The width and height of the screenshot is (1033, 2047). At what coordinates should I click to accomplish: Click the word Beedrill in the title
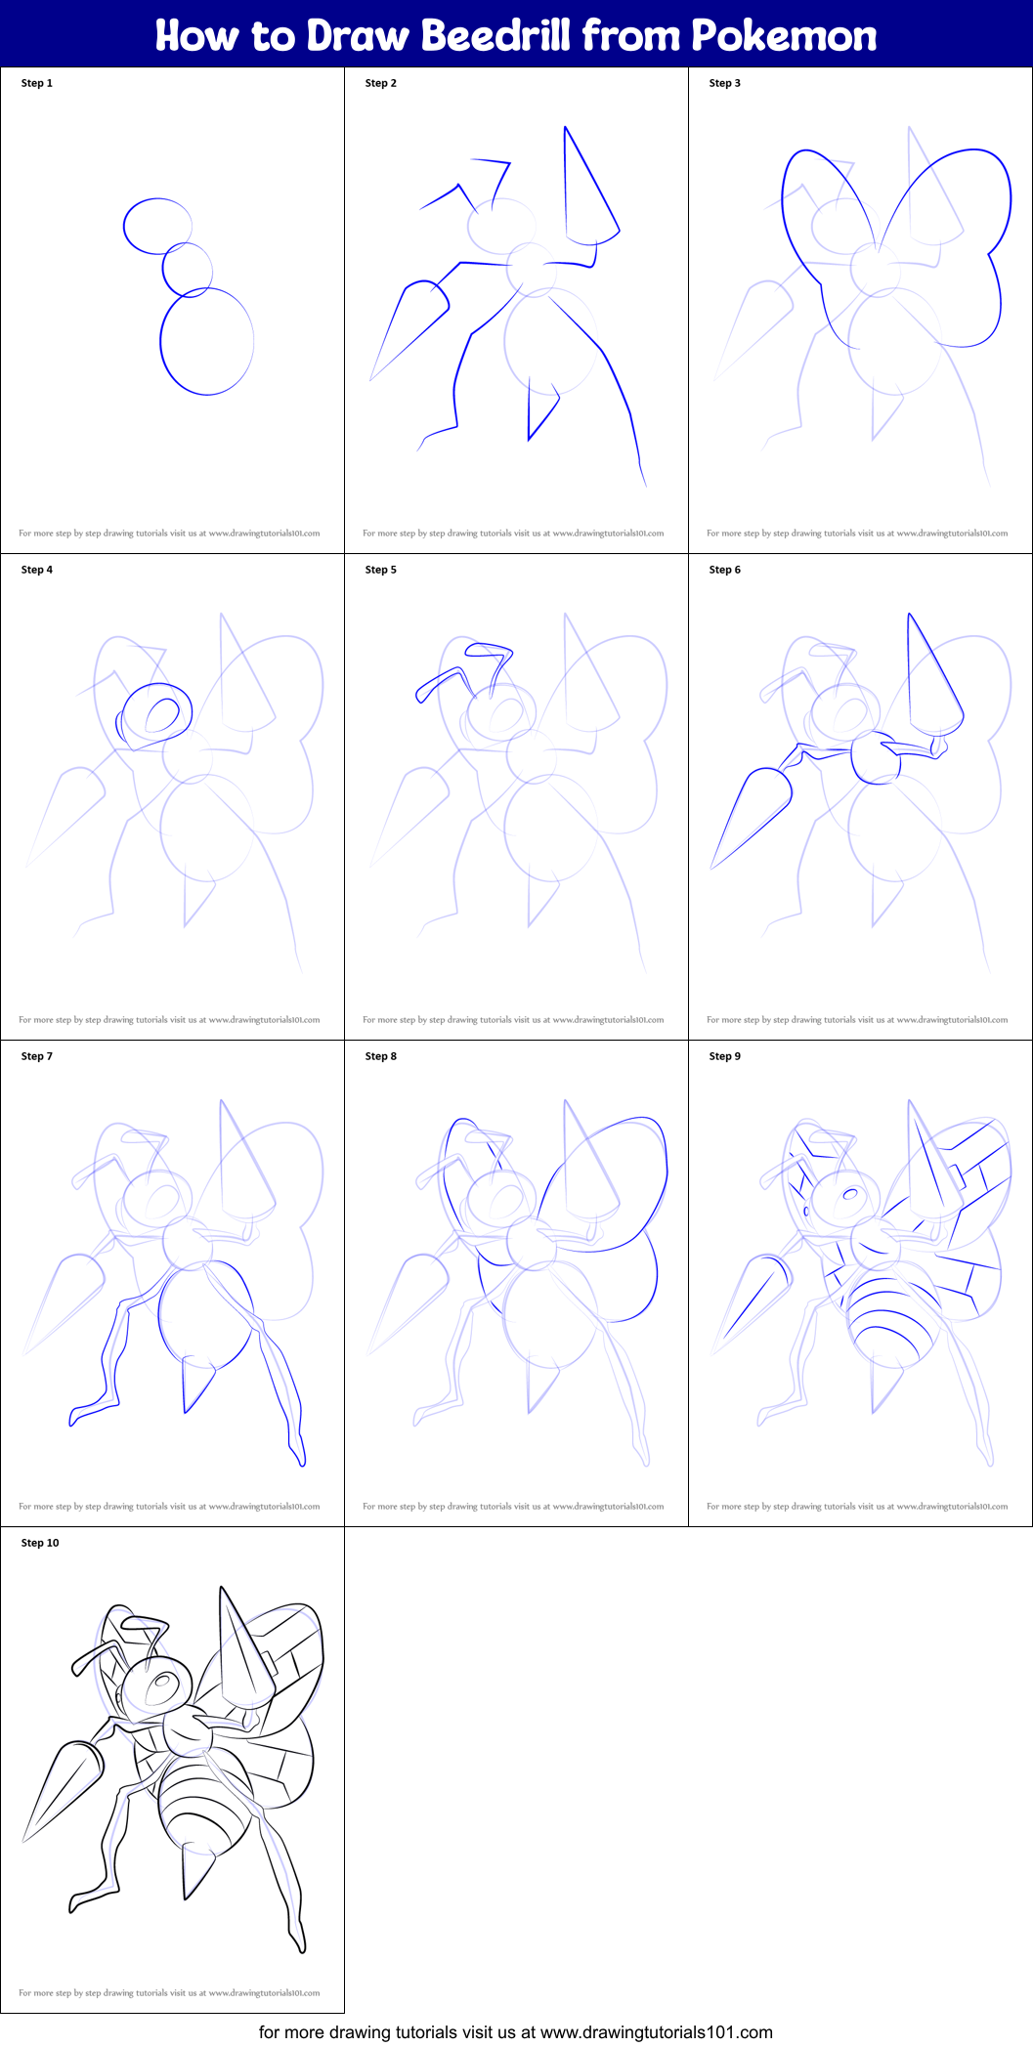[x=495, y=36]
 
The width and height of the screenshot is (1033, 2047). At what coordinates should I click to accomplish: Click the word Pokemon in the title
[x=784, y=36]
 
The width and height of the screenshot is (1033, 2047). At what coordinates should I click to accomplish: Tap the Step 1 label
[x=37, y=83]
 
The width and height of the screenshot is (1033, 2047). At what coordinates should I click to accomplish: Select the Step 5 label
[x=381, y=570]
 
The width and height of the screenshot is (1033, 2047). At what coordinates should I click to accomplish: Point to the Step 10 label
[x=40, y=1543]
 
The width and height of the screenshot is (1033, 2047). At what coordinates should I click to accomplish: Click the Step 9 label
[x=725, y=1056]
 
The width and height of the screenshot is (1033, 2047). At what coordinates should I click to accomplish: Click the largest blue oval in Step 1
[x=206, y=342]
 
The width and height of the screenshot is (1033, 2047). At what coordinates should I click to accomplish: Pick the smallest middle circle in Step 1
[x=187, y=269]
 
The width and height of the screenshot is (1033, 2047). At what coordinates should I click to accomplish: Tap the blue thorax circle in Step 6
[x=875, y=757]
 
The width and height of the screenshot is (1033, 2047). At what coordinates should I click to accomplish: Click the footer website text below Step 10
[x=516, y=2032]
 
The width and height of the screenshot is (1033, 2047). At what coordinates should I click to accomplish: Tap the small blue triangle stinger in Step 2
[x=541, y=410]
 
